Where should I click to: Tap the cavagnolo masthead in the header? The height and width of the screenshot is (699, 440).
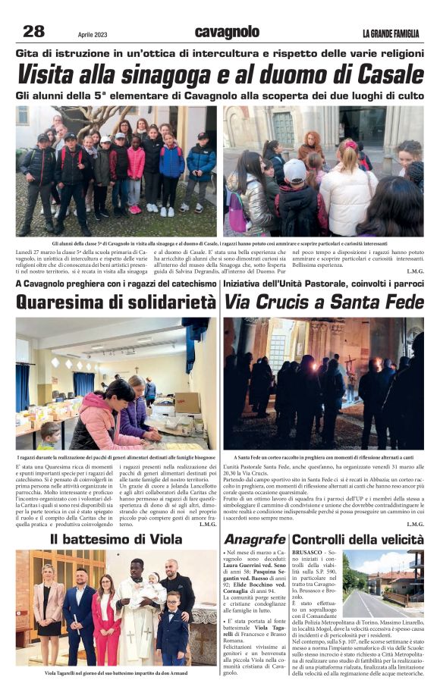pos(227,32)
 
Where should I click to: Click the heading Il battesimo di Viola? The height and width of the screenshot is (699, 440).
pos(116,540)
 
